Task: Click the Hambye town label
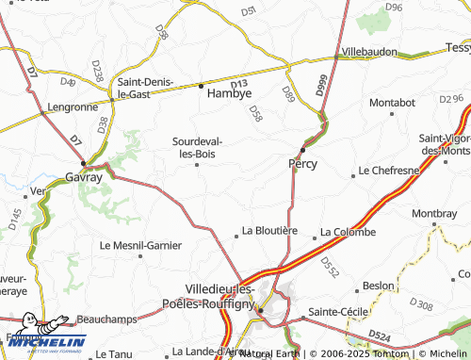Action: [x=229, y=95]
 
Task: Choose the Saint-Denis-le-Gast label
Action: [x=145, y=88]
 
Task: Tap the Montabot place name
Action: [x=393, y=102]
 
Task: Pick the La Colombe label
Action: [x=349, y=232]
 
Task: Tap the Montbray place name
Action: [x=433, y=213]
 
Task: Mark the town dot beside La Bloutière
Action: [x=236, y=236]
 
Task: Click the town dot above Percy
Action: [x=302, y=149]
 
